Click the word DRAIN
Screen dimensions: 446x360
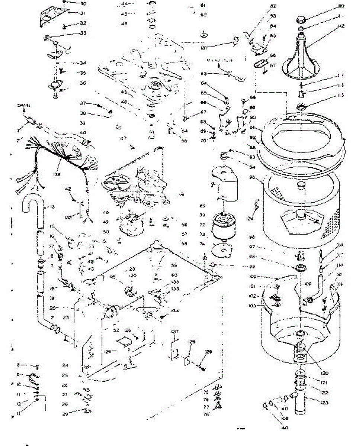24,106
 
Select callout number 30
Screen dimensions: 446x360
83,4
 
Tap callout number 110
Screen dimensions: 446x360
341,6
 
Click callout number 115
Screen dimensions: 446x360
341,96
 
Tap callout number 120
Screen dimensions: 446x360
315,373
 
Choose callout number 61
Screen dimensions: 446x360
202,5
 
